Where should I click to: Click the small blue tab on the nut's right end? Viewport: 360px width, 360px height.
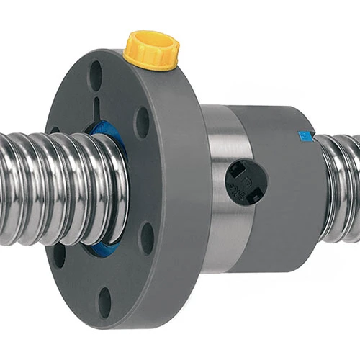[x=303, y=135]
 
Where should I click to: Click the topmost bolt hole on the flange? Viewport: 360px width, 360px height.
[x=96, y=72]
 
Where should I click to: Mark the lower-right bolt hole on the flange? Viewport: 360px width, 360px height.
[x=147, y=238]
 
